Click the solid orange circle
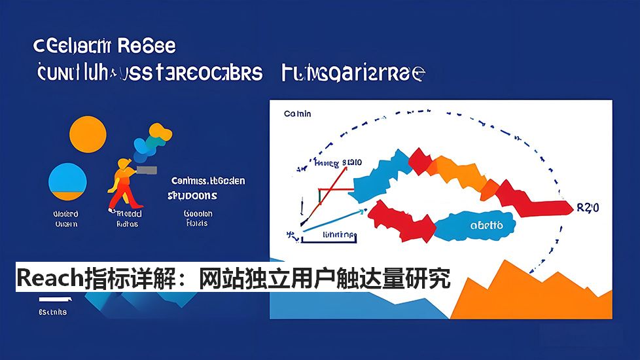(87, 135)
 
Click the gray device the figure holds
(149, 170)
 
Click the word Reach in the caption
(50, 279)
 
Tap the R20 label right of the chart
(588, 208)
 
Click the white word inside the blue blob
(487, 225)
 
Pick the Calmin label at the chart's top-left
(298, 114)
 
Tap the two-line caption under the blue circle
(65, 219)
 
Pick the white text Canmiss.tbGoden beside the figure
(208, 181)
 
